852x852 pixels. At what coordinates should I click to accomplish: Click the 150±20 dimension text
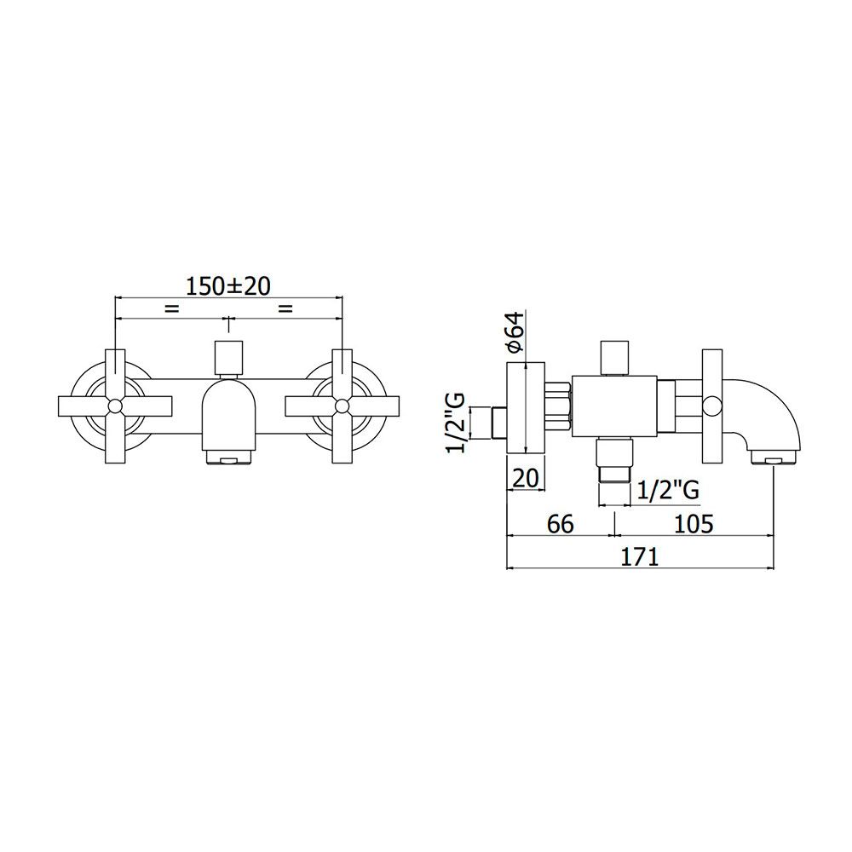click(x=228, y=286)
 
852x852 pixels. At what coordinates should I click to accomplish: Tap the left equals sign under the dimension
click(x=172, y=308)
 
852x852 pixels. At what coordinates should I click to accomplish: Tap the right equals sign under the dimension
click(x=285, y=308)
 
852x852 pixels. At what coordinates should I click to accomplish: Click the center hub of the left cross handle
click(x=115, y=406)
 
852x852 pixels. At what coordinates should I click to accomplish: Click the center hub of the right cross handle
click(x=342, y=406)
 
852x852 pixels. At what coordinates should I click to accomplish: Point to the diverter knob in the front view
click(x=228, y=358)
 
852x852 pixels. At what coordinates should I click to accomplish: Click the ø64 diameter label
click(x=515, y=331)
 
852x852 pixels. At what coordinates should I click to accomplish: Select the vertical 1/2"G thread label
click(x=455, y=423)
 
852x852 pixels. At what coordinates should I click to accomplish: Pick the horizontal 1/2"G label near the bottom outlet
click(x=668, y=491)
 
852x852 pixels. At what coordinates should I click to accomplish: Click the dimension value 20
click(x=526, y=478)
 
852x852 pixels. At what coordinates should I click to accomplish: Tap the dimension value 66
click(x=561, y=524)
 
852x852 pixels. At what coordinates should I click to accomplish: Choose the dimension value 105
click(x=694, y=524)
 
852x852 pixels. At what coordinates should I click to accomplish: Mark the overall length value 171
click(x=639, y=556)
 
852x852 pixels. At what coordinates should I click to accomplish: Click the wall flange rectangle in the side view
click(x=526, y=407)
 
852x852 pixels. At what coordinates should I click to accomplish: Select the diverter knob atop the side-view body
click(x=614, y=358)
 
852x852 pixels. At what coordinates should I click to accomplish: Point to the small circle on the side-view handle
click(x=711, y=406)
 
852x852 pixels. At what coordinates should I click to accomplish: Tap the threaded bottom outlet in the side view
click(x=614, y=460)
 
